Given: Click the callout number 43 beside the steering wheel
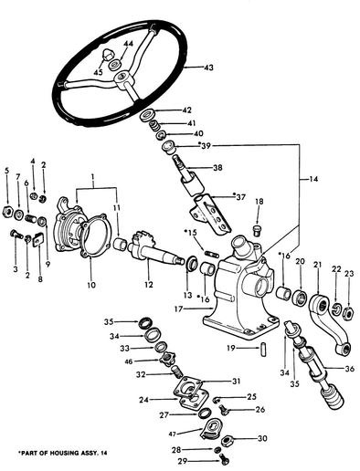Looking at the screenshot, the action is (x=208, y=68).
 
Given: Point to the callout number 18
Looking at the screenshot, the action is (x=259, y=202).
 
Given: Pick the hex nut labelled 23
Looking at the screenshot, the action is (x=348, y=313).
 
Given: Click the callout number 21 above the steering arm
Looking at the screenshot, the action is (x=317, y=265).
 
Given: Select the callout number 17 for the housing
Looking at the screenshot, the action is (x=179, y=309).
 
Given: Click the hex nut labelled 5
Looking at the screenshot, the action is (x=6, y=212).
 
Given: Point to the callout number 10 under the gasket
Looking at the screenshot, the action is (x=91, y=285).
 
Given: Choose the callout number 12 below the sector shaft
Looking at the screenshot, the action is (x=149, y=285).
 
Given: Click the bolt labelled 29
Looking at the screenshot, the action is (x=224, y=459).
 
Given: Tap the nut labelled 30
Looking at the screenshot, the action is (x=228, y=441).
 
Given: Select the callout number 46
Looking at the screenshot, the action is (x=129, y=361).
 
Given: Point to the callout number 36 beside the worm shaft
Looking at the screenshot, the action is (x=350, y=369).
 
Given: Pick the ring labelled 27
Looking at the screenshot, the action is (x=204, y=413).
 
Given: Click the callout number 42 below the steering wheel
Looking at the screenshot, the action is (x=186, y=110).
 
